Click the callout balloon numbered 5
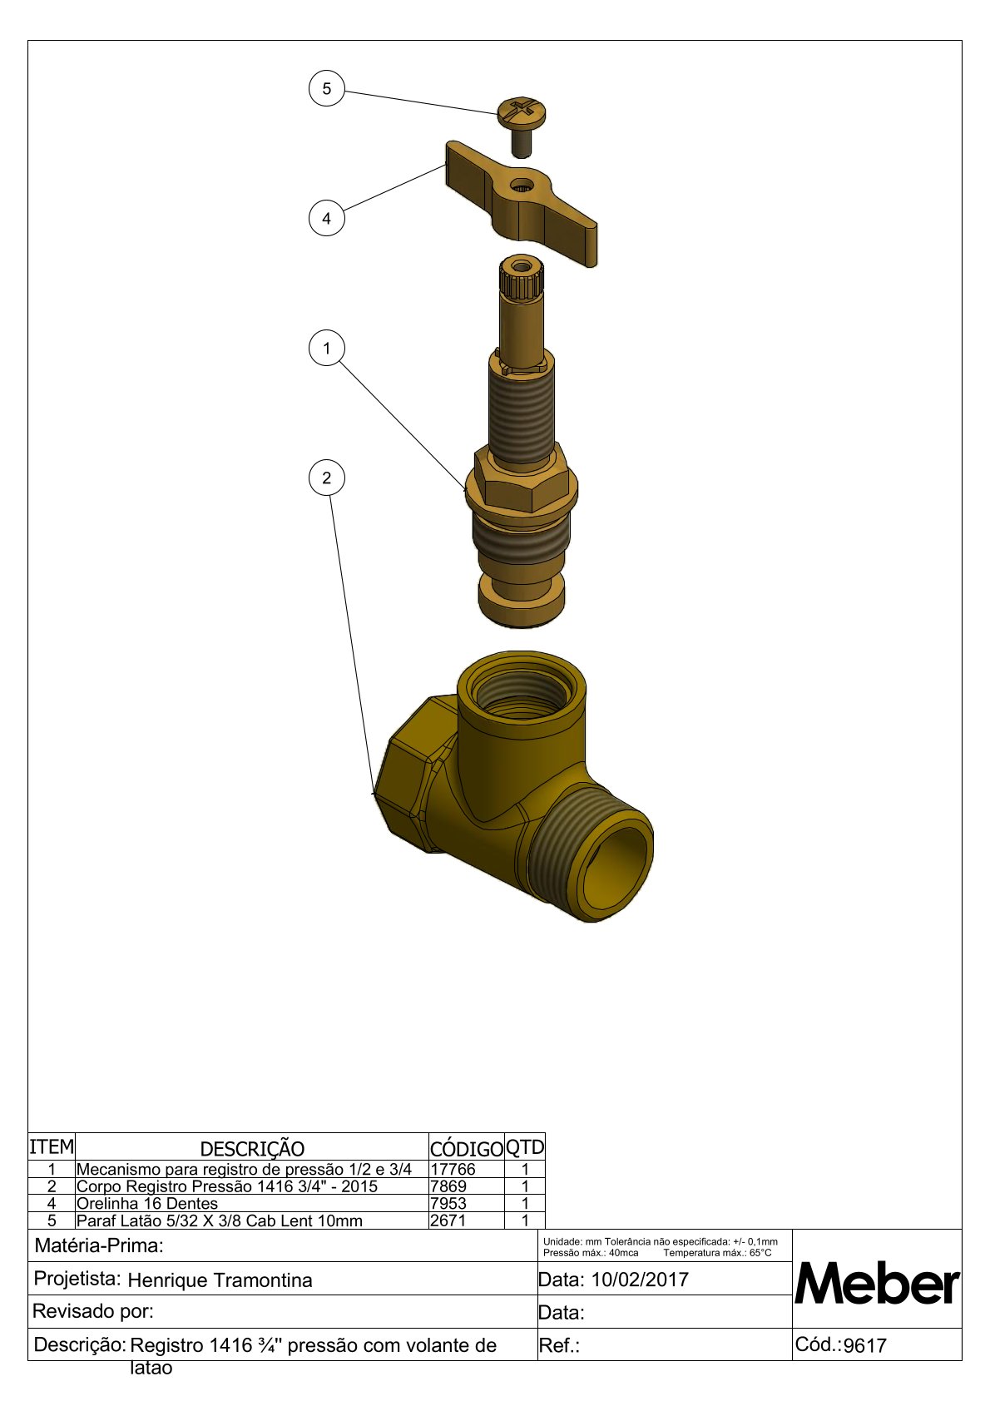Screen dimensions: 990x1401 (326, 89)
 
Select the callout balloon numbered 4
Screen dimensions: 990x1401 (326, 218)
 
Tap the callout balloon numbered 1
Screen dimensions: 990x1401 (326, 349)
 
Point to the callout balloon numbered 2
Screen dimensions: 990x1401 (326, 478)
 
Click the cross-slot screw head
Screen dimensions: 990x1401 (522, 112)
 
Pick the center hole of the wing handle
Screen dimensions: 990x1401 (520, 185)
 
